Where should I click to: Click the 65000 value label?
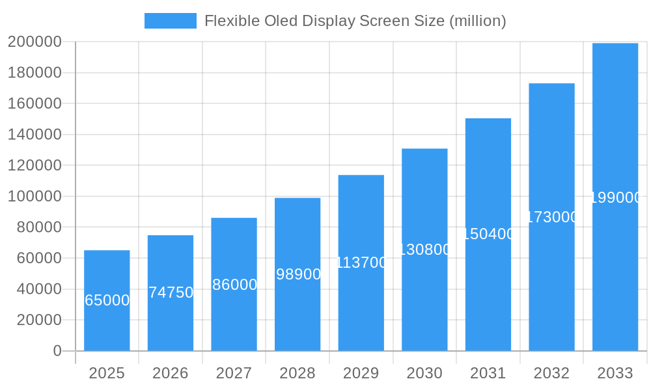click(107, 300)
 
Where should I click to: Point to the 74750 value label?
click(171, 292)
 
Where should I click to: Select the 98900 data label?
click(298, 274)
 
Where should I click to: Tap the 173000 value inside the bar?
click(551, 217)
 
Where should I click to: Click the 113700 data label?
click(361, 263)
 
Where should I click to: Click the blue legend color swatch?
click(170, 21)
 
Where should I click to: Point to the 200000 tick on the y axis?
click(34, 42)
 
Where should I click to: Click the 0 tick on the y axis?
click(57, 351)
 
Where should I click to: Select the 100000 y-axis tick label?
click(34, 196)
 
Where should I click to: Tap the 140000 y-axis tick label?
click(34, 135)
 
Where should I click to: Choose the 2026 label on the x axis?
click(171, 373)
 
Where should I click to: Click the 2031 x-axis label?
click(488, 373)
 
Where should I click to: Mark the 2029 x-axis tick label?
click(361, 373)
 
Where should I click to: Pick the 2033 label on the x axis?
click(615, 373)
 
